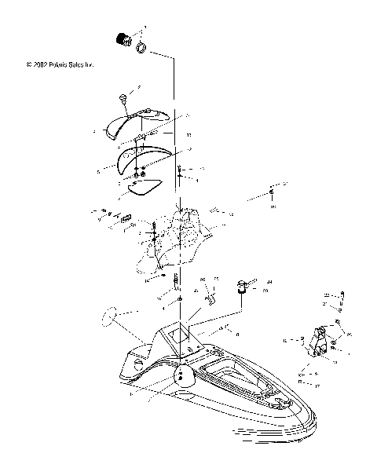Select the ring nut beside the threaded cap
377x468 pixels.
tap(142, 50)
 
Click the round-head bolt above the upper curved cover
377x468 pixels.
tap(123, 97)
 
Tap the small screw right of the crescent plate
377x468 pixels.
tap(180, 173)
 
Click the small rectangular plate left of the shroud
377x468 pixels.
tap(125, 222)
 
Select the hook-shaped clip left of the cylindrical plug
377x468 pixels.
tap(210, 297)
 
